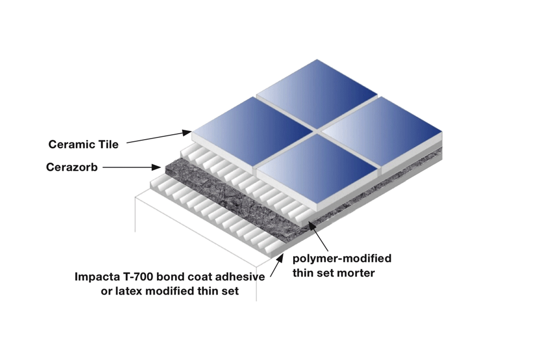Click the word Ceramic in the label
click(71, 145)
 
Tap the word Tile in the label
click(108, 145)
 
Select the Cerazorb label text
click(72, 167)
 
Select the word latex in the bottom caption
click(129, 291)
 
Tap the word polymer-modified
click(342, 259)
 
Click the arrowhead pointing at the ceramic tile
click(187, 133)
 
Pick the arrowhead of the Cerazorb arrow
click(156, 167)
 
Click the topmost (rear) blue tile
click(317, 94)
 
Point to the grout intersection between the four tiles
click(317, 131)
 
